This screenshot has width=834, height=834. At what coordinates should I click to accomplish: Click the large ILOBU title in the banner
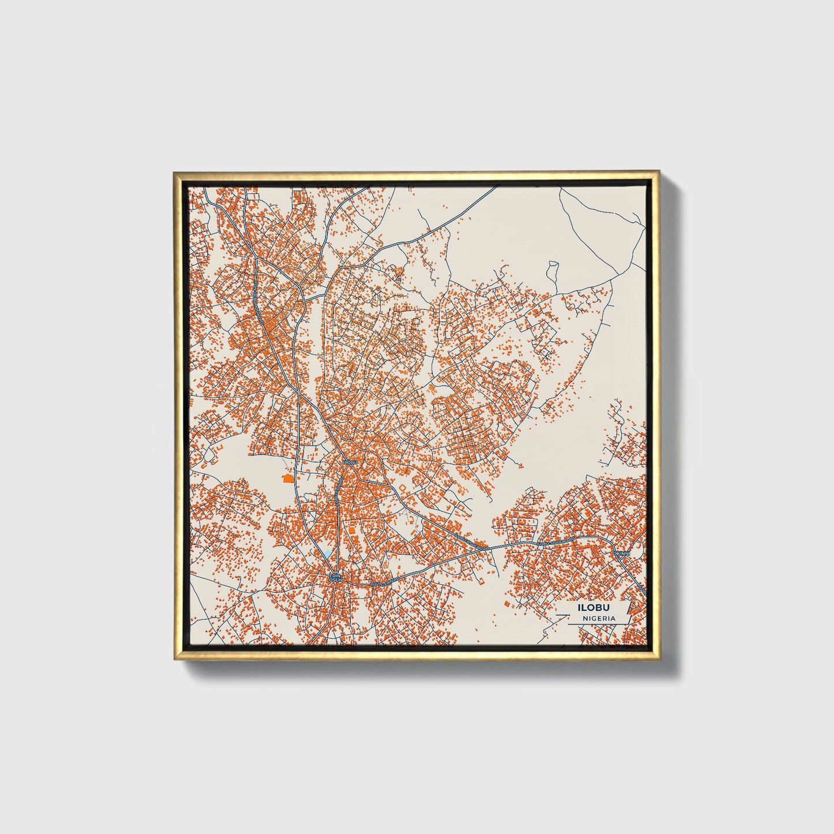(594, 607)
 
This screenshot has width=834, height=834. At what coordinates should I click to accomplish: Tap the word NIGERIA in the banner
(599, 618)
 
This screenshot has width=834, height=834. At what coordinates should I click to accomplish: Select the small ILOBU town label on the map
(350, 462)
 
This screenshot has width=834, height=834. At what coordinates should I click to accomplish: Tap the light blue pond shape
(328, 554)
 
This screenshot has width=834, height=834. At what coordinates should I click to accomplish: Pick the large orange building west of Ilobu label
(287, 478)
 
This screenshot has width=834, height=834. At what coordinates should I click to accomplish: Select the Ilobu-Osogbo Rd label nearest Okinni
(556, 542)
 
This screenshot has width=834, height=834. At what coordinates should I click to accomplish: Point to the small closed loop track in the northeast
(552, 269)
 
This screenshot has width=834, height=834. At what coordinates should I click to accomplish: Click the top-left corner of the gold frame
(174, 172)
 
